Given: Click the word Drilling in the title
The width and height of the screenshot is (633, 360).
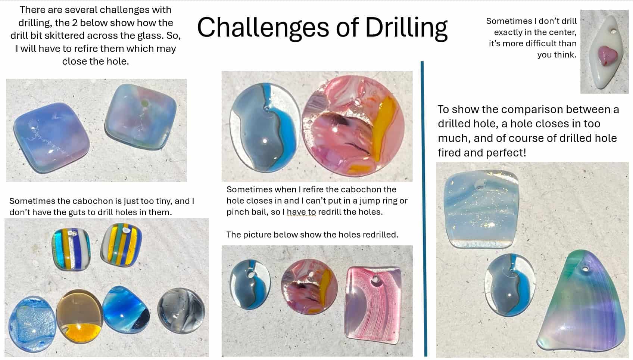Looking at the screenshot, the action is pos(406,28).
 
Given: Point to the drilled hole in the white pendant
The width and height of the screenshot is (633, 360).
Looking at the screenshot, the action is pos(613,31).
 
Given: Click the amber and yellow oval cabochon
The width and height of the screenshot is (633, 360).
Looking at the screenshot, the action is pos(79,316).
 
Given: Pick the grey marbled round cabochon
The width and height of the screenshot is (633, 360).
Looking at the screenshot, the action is pos(181,310).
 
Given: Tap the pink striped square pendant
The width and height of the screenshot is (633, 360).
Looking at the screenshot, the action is pos(373,305).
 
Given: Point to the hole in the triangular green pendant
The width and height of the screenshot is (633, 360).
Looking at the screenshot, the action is pos(585,268).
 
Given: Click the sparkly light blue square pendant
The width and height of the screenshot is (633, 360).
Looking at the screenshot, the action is pos(481,209).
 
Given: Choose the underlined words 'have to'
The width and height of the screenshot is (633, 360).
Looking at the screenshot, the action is pos(301,212).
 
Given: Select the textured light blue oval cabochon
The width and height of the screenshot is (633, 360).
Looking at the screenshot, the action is pos(32,324).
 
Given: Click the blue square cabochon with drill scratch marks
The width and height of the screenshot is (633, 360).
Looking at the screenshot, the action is pos(52,138).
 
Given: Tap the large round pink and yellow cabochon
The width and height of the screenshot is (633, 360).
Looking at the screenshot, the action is pos(353,126).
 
